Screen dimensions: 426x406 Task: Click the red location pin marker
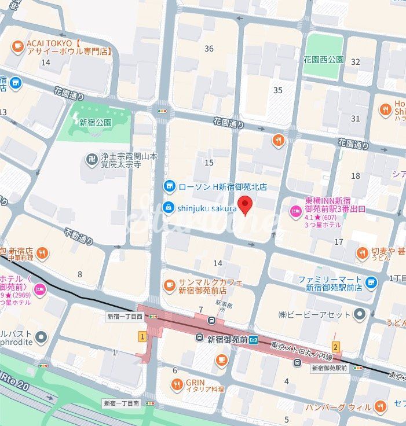pos(246,205)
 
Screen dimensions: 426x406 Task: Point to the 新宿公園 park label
pos(96,123)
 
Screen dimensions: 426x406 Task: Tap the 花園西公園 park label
pos(323,60)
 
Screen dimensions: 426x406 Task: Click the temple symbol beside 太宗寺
pos(92,158)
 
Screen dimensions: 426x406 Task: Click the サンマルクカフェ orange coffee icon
pos(169,284)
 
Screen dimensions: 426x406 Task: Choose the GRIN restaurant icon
pos(177,383)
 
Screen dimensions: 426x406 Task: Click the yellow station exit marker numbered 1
pos(141,336)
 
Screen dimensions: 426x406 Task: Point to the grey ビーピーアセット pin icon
pos(360,314)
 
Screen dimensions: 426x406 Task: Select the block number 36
pos(209,49)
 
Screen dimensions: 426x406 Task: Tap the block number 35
pos(278,90)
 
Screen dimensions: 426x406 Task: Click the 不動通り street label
pos(79,238)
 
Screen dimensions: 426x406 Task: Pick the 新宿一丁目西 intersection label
pos(125,317)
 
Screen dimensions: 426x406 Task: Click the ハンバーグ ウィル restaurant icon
pos(380,406)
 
